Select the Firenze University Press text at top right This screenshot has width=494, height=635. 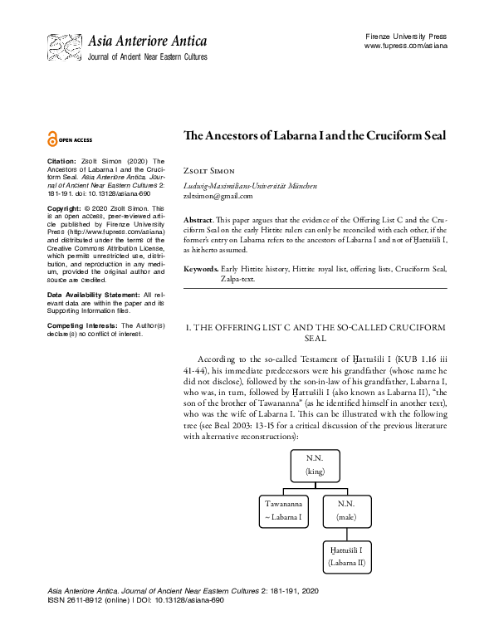pyautogui.click(x=405, y=37)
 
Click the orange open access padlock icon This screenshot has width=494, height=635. pyautogui.click(x=53, y=139)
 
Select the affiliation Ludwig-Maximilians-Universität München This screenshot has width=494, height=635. pyautogui.click(x=250, y=186)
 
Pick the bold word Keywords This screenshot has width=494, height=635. pyautogui.click(x=201, y=269)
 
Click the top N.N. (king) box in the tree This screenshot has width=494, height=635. pyautogui.click(x=314, y=464)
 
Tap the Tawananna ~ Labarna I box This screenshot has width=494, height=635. pyautogui.click(x=281, y=510)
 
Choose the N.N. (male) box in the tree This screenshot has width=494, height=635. pyautogui.click(x=346, y=510)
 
